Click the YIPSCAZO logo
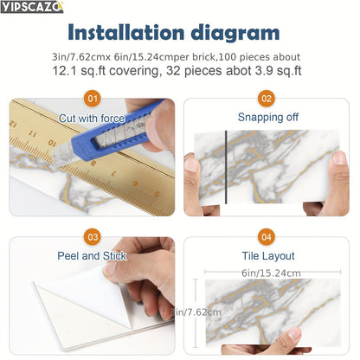[32, 7]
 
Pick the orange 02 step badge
[266, 100]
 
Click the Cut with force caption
[91, 118]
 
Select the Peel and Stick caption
[91, 256]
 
